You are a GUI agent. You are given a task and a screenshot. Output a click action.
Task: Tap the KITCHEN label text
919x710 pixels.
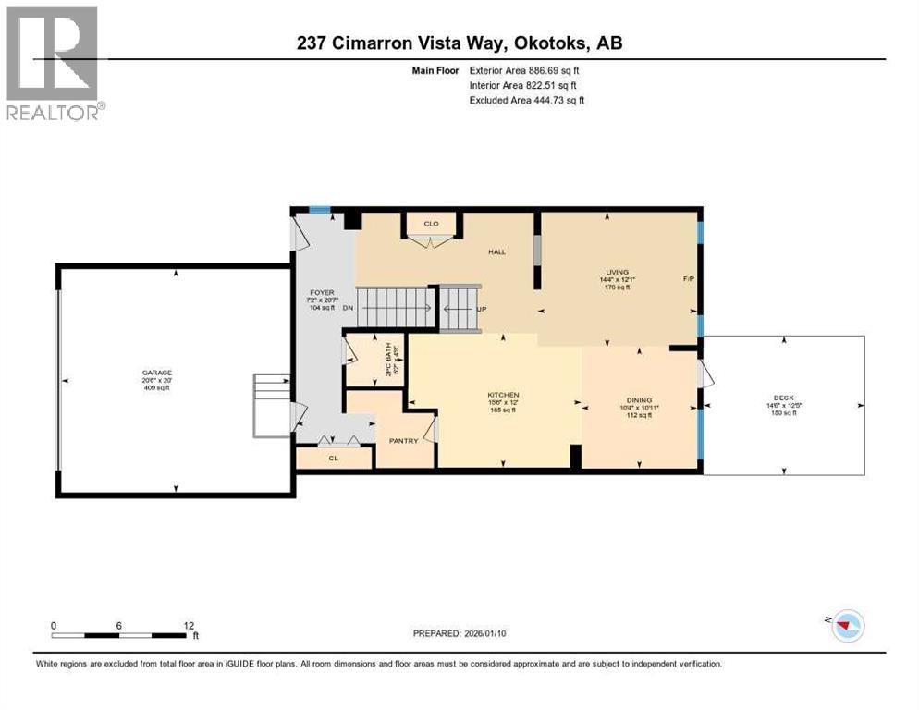point(503,395)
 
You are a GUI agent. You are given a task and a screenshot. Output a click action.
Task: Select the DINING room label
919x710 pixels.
point(638,400)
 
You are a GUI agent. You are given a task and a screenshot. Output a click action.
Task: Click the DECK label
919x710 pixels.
point(783,398)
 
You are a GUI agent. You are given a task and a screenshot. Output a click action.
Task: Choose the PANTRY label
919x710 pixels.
point(404,441)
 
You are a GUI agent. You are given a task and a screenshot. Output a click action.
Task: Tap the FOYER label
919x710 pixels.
point(321,292)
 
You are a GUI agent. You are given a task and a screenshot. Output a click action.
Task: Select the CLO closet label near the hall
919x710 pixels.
point(430,224)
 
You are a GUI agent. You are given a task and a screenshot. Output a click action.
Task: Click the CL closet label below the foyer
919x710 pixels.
point(333,458)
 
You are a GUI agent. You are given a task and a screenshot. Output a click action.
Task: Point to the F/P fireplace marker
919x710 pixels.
point(688,279)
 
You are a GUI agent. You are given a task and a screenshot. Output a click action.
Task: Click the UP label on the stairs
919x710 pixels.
point(481,309)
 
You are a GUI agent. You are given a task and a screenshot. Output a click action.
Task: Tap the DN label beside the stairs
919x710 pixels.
point(348,308)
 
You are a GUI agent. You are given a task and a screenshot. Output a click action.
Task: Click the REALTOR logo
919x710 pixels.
point(54,63)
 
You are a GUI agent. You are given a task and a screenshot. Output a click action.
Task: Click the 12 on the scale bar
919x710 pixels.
point(188,625)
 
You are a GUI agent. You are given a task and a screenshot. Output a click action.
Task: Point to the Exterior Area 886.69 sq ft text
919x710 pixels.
point(526,69)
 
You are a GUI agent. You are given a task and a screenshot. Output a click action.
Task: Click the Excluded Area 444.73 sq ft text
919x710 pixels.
point(527,100)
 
